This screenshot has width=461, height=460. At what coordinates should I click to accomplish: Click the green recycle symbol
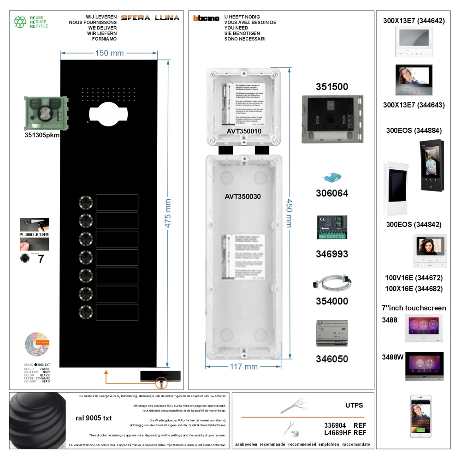[x=20, y=22]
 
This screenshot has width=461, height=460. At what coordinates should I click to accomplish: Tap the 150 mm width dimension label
[x=109, y=53]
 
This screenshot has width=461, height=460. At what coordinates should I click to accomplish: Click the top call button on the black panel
[x=86, y=203]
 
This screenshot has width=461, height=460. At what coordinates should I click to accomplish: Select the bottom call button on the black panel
[x=86, y=312]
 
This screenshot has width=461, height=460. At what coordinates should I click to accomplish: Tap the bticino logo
[x=206, y=18]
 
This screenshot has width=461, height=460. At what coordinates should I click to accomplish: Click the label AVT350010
[x=244, y=131]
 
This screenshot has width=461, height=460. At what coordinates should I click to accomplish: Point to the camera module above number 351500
[x=332, y=119]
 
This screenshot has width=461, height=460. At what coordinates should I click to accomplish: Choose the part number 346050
[x=332, y=358]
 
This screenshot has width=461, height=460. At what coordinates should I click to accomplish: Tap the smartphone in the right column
[x=421, y=416]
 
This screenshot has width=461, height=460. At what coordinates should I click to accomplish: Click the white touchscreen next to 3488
[x=424, y=328]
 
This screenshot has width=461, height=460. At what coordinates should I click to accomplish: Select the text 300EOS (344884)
[x=414, y=131]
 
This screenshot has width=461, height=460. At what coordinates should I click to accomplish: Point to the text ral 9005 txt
[x=94, y=418]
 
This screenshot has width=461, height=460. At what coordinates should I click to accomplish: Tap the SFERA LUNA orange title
[x=150, y=18]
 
